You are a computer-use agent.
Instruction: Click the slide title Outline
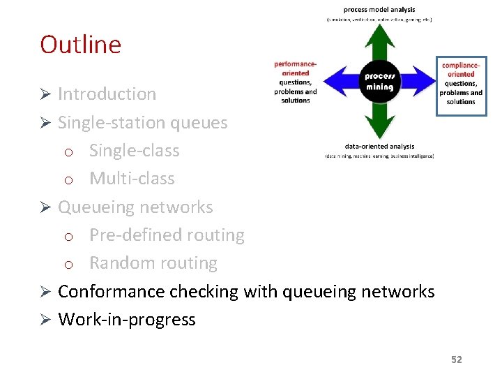tap(80, 45)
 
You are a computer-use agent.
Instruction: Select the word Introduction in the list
tap(107, 94)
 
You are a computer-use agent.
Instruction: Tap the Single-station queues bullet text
tap(142, 122)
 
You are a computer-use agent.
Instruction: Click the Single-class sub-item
tap(134, 151)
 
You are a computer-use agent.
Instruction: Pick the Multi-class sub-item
tap(132, 179)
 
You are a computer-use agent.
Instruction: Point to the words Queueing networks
tap(135, 207)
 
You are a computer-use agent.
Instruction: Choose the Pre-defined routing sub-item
tap(167, 235)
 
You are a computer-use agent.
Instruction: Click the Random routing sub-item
tap(153, 263)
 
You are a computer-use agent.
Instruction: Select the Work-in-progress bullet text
tap(126, 320)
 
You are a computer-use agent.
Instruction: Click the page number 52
tap(456, 360)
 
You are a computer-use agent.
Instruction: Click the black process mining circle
tap(379, 82)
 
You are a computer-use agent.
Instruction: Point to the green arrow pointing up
tap(379, 42)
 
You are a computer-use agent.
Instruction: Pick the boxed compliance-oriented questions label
tap(461, 84)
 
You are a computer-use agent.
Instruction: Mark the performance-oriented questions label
tap(296, 82)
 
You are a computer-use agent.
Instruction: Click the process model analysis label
tap(379, 10)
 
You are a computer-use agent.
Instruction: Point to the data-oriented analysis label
tap(379, 147)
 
